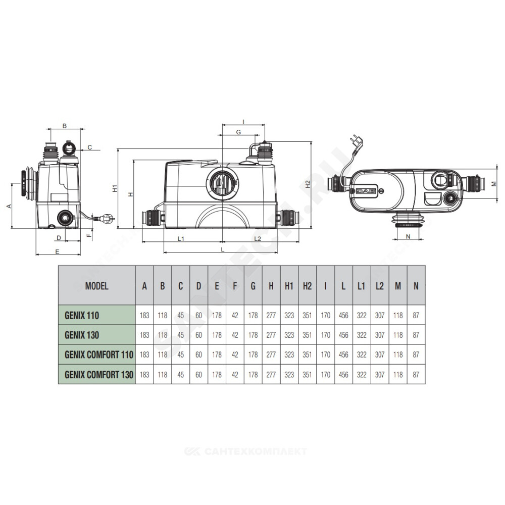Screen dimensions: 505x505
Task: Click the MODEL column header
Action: tap(96, 286)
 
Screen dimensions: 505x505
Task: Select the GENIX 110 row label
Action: tap(82, 315)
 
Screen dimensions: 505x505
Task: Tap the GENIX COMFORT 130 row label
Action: tap(99, 375)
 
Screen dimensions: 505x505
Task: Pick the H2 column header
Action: tap(307, 286)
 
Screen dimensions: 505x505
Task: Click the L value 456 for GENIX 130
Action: tap(343, 335)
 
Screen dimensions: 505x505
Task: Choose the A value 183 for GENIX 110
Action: tap(144, 315)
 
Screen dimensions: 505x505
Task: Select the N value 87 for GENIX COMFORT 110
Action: tap(416, 355)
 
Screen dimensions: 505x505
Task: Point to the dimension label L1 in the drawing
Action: tap(181, 239)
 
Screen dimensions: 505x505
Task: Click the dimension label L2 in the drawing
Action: tap(258, 239)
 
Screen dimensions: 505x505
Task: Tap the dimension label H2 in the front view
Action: tap(308, 184)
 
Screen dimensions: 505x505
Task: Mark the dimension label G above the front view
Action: tap(238, 132)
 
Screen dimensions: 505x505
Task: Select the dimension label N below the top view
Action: tap(408, 236)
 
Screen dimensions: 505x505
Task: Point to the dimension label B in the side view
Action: tap(65, 126)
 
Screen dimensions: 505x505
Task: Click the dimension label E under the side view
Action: tap(58, 251)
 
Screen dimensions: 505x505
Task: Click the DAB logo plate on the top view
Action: tap(366, 191)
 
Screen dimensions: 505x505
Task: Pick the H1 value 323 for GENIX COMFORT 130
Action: tap(289, 375)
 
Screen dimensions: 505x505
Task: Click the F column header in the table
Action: tap(235, 286)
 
